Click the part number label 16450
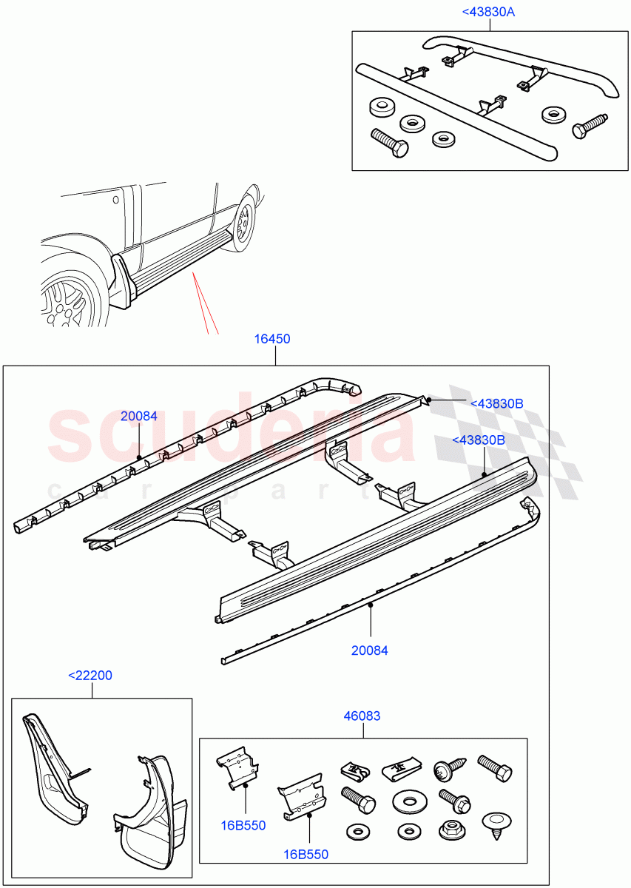click(x=272, y=339)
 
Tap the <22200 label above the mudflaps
click(x=90, y=676)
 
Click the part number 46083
click(x=362, y=716)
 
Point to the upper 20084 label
click(x=139, y=416)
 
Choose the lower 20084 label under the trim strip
click(x=370, y=651)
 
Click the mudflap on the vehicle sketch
click(x=122, y=279)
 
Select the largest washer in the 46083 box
click(x=407, y=801)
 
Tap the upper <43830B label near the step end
click(x=497, y=403)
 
